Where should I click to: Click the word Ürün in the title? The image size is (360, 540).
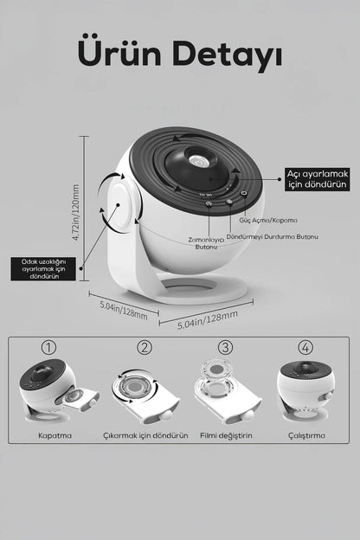[x=119, y=52]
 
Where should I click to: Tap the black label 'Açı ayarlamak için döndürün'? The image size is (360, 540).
[x=318, y=179]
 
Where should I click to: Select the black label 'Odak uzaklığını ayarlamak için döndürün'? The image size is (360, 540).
[x=43, y=268]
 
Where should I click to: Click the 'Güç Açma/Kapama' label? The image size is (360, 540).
[x=268, y=220]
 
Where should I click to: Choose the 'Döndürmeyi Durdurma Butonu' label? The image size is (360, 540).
[x=272, y=236]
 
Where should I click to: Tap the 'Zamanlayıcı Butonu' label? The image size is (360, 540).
[x=206, y=243]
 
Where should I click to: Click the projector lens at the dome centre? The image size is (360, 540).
[x=196, y=160]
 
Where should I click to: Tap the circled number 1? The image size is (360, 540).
[x=48, y=348]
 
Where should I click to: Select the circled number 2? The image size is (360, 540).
[x=145, y=348]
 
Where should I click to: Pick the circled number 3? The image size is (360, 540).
[x=225, y=348]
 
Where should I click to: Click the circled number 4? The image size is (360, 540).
[x=305, y=348]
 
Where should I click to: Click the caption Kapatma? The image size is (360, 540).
[x=55, y=435]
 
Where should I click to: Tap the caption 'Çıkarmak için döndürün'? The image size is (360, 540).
[x=145, y=435]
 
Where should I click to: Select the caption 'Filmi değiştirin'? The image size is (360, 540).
[x=226, y=435]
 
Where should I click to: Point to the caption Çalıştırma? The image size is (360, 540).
[x=306, y=435]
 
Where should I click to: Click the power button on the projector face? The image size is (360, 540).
[x=244, y=193]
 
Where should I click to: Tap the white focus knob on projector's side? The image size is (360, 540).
[x=119, y=206]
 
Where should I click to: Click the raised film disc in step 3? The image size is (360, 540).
[x=216, y=370]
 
